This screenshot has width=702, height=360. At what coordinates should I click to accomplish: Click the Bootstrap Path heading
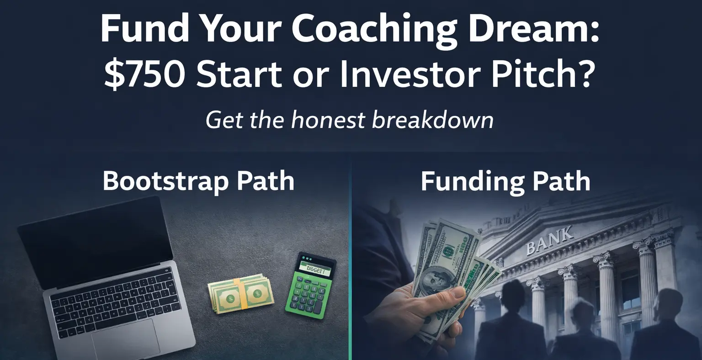tap(198, 181)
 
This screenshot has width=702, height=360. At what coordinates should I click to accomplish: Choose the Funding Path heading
tap(505, 181)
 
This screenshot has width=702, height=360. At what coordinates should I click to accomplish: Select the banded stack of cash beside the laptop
tap(241, 293)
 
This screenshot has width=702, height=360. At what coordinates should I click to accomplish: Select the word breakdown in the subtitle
tap(432, 120)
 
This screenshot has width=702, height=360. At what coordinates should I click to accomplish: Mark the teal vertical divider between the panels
tap(351, 274)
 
